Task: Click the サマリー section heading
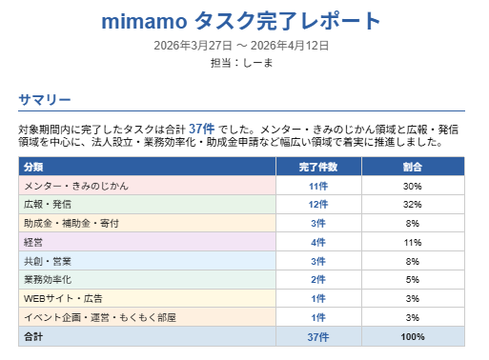(x=45, y=99)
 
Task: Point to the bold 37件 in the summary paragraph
(x=201, y=129)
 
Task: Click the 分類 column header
(x=33, y=167)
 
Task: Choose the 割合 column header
(x=412, y=167)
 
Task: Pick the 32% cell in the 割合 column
(x=412, y=204)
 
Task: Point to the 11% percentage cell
(x=412, y=242)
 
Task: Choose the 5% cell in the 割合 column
(x=412, y=279)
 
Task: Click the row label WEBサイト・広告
(x=65, y=298)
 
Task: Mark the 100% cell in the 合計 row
(x=412, y=336)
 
